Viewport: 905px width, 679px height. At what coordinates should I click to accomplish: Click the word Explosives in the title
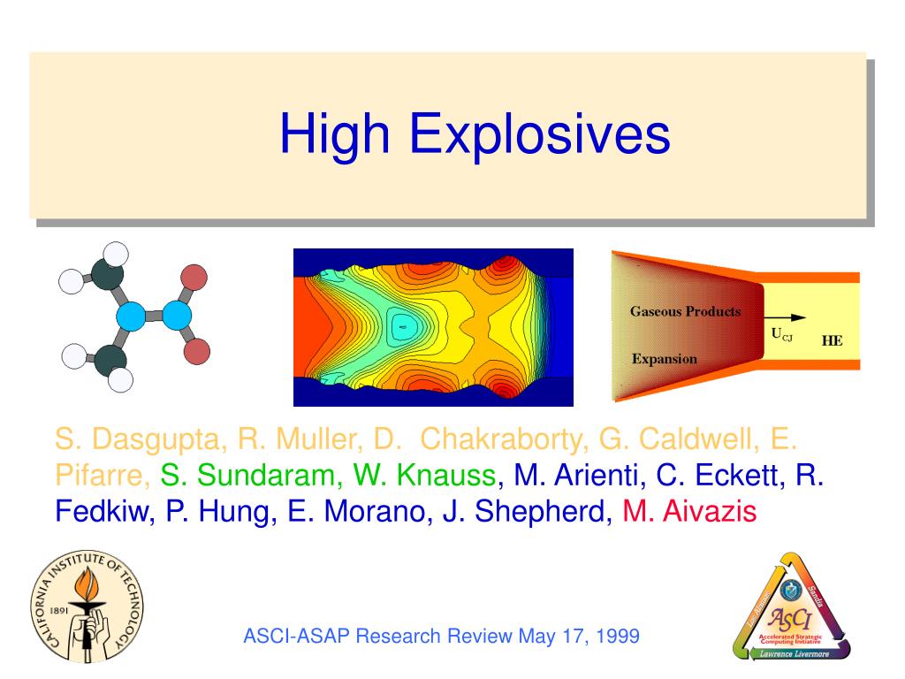(539, 134)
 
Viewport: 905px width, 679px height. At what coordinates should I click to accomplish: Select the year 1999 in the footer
(616, 637)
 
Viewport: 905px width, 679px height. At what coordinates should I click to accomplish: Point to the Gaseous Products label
(685, 311)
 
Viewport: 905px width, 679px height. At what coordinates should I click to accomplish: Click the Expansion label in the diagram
(664, 359)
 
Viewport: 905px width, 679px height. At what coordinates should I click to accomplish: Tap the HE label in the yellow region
(832, 340)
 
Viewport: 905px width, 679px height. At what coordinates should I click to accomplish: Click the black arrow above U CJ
(786, 317)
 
